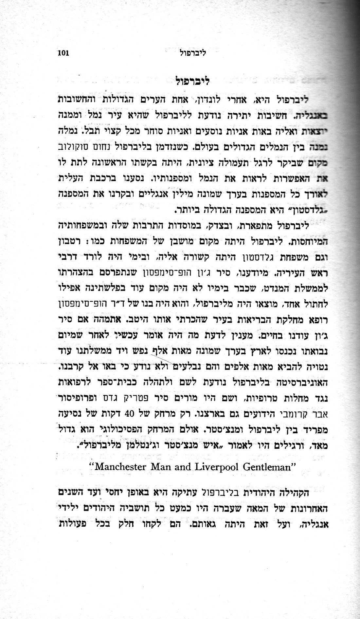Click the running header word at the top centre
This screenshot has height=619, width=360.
[x=194, y=53]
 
